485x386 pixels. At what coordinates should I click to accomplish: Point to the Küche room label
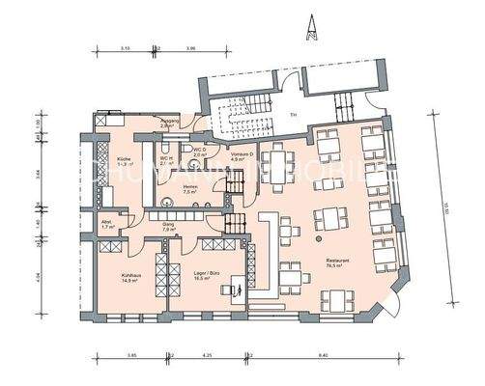(125, 160)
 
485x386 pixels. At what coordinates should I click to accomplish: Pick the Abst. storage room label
(106, 224)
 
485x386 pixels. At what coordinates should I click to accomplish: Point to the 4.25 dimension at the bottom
(208, 357)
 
